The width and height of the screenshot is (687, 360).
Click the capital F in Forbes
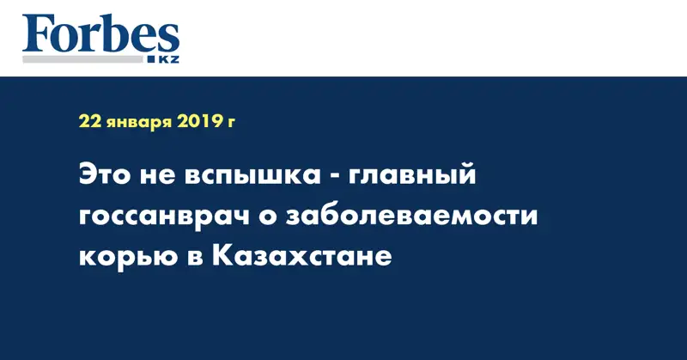38,34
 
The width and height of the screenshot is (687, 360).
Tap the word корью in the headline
119,255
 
